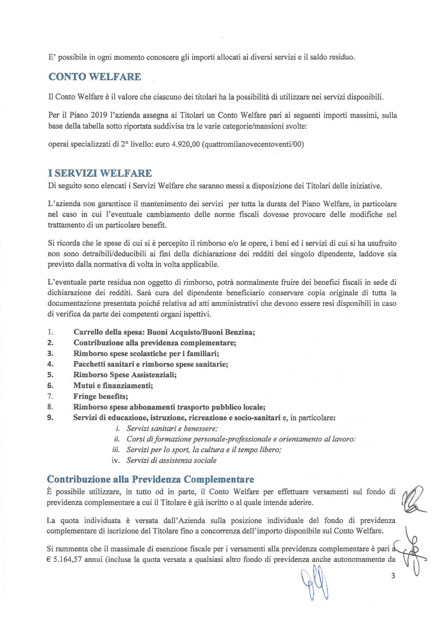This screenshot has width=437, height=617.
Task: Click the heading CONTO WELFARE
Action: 95,77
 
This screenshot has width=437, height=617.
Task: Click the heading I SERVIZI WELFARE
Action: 100,173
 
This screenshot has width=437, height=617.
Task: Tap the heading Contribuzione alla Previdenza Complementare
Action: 150,479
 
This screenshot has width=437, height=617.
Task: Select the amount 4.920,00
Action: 184,145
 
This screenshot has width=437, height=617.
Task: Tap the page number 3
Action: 393,576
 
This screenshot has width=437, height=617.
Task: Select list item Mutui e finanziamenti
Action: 113,385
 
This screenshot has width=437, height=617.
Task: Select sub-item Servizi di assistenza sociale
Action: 171,460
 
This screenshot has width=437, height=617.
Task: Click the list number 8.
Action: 50,407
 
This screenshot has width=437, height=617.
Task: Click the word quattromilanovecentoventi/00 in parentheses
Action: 253,145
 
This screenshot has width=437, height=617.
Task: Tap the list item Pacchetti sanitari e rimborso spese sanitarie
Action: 150,364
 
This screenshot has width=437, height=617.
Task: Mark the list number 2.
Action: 50,343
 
